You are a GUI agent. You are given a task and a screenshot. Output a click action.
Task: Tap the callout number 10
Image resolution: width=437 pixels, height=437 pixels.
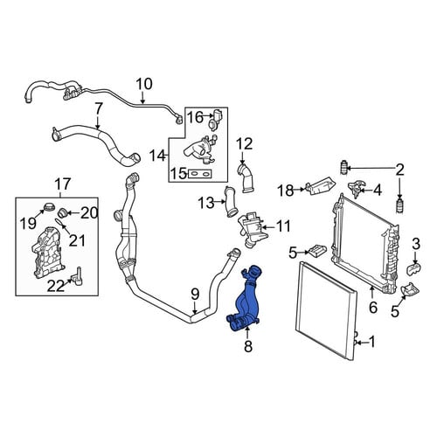coord(144,84)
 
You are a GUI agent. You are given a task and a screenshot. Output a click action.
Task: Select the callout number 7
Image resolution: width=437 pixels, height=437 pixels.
coord(99,109)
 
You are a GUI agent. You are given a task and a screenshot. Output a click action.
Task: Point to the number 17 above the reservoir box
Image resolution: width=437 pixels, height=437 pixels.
coord(63,184)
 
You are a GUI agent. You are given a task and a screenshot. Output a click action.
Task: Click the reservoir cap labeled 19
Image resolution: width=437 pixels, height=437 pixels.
coord(49,207)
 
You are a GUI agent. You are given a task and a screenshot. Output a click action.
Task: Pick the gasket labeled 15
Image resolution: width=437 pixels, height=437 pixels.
coord(200,174)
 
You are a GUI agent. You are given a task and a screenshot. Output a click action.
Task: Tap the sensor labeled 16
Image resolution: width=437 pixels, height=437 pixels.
coord(216,120)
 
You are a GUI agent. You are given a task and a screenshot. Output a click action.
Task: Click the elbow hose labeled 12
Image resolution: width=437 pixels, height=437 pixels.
coord(246,178)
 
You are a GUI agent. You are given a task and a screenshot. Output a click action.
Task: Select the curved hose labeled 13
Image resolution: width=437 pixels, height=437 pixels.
coord(230,202)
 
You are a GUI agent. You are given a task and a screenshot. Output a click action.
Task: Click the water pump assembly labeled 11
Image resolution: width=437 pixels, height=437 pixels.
coord(251,230)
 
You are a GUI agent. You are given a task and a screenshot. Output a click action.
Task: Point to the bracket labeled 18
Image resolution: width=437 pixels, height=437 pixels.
coord(320,185)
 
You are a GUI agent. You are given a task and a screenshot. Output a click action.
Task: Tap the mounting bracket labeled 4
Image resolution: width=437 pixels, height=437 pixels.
coord(357,189)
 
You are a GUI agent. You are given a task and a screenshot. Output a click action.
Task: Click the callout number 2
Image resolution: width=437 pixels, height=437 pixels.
coord(399,170)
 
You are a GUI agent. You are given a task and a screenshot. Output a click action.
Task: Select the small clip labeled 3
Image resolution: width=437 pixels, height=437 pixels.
coord(414,268)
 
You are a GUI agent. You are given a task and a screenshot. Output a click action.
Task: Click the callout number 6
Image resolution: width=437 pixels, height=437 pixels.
coord(373,308)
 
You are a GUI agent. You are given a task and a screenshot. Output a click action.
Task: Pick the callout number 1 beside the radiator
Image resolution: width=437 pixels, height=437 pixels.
coord(371,342)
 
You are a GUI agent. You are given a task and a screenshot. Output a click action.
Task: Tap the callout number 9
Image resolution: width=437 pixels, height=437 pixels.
coord(195,295)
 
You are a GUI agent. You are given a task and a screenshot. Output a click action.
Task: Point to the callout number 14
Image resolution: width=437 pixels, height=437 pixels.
coord(157,156)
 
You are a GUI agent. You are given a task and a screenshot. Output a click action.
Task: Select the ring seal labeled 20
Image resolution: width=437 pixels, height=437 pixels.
coord(63,213)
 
